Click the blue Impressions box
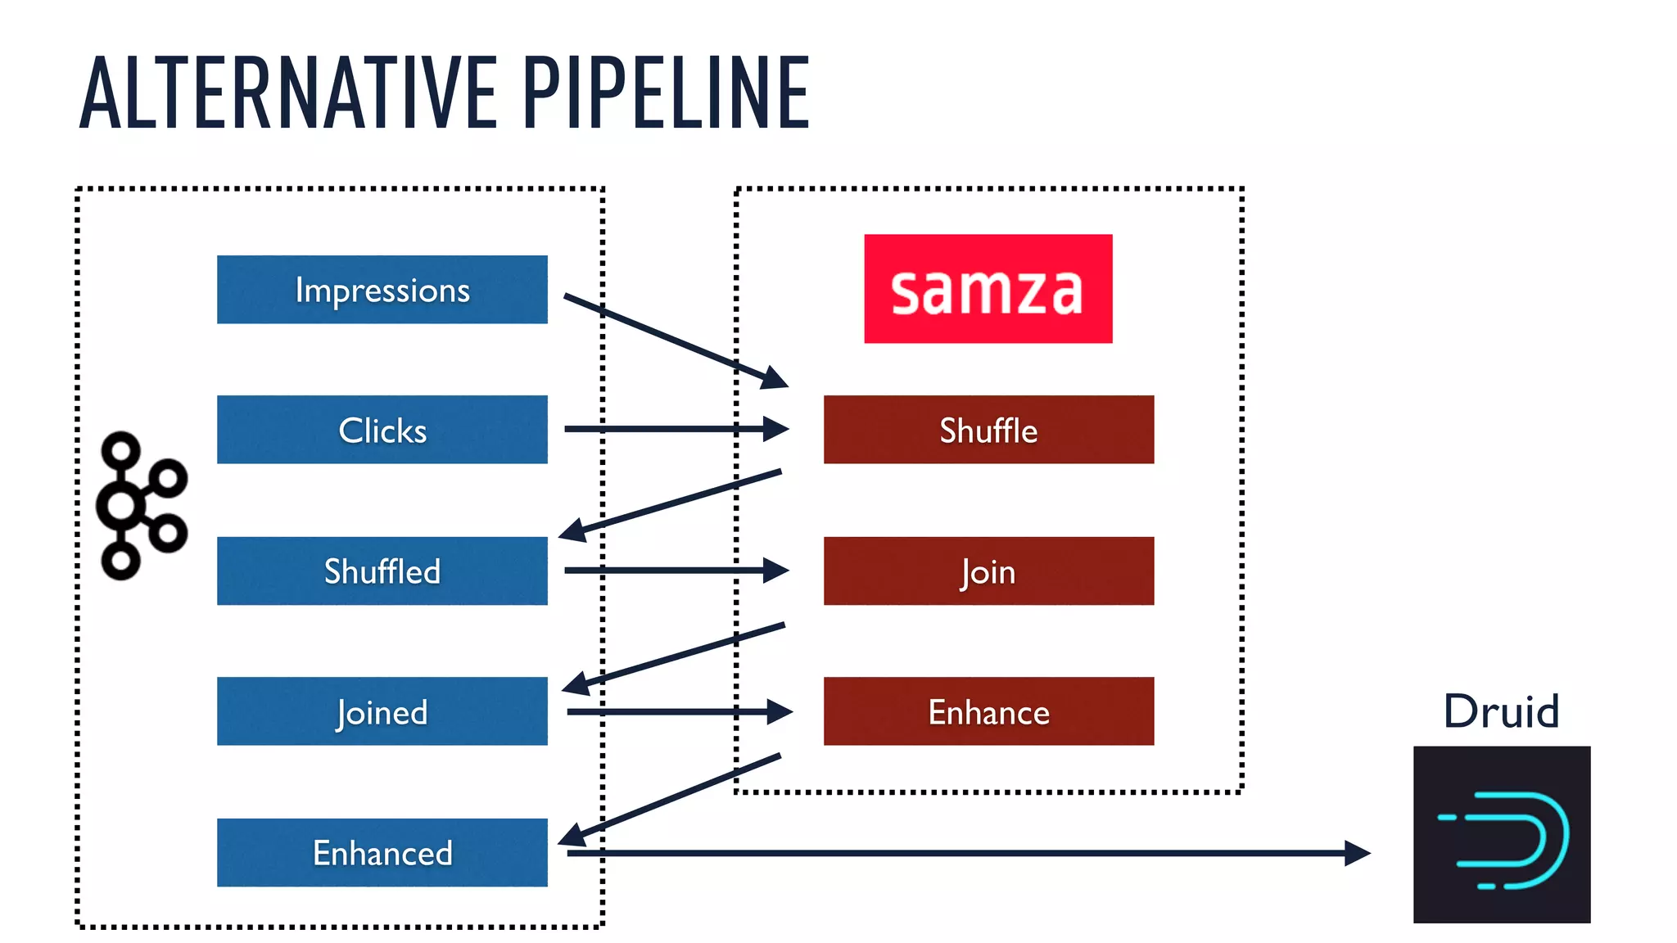[x=382, y=289]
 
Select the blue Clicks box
[x=382, y=430]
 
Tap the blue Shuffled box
[x=382, y=571]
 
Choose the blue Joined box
[x=382, y=711]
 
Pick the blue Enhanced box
[x=382, y=852]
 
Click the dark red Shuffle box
[x=988, y=430]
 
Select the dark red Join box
[x=988, y=571]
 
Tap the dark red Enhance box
[x=988, y=711]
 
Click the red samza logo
[x=988, y=288]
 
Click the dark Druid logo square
[x=1501, y=834]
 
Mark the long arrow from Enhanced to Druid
[x=966, y=852]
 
